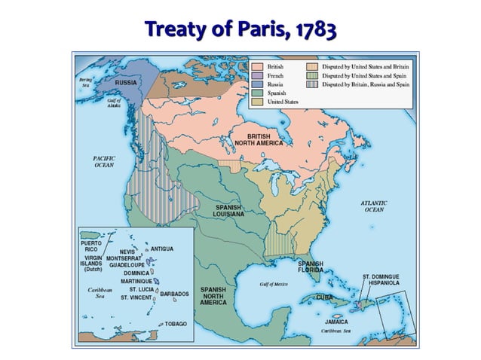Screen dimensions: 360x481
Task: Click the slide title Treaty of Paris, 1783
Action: click(240, 29)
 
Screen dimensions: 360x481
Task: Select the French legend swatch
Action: click(258, 76)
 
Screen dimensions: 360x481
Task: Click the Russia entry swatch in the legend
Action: click(258, 85)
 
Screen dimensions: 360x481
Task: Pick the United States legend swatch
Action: click(258, 103)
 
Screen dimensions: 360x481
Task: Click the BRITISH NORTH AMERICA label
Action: click(258, 140)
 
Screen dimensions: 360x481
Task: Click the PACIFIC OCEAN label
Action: click(103, 162)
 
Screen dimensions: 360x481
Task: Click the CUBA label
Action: click(324, 297)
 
